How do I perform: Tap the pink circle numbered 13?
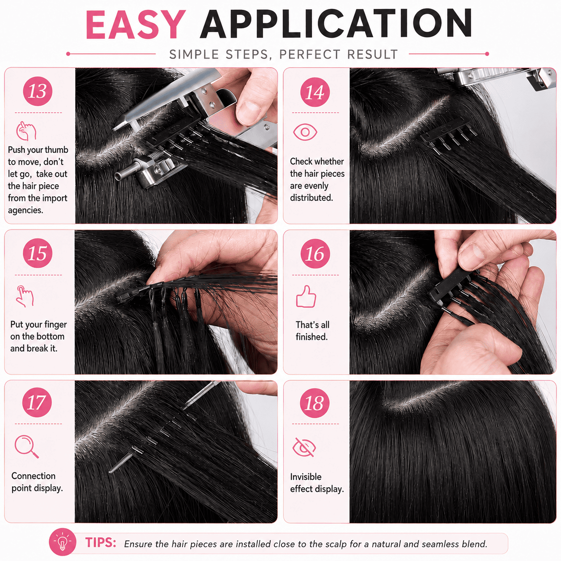(x=38, y=91)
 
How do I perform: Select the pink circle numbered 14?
(x=315, y=92)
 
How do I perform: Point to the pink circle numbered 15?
(x=38, y=253)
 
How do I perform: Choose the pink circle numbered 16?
(x=315, y=254)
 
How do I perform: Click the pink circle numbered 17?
(x=37, y=402)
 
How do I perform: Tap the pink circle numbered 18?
(x=314, y=403)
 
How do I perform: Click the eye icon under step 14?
(x=305, y=132)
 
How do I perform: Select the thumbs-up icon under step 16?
(x=306, y=296)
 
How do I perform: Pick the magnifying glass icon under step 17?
(x=26, y=446)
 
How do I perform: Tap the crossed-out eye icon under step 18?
(x=304, y=447)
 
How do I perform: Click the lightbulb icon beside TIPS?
(x=62, y=542)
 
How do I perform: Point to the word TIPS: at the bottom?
(x=101, y=543)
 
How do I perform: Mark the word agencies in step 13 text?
(x=25, y=210)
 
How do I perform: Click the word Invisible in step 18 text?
(x=306, y=477)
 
